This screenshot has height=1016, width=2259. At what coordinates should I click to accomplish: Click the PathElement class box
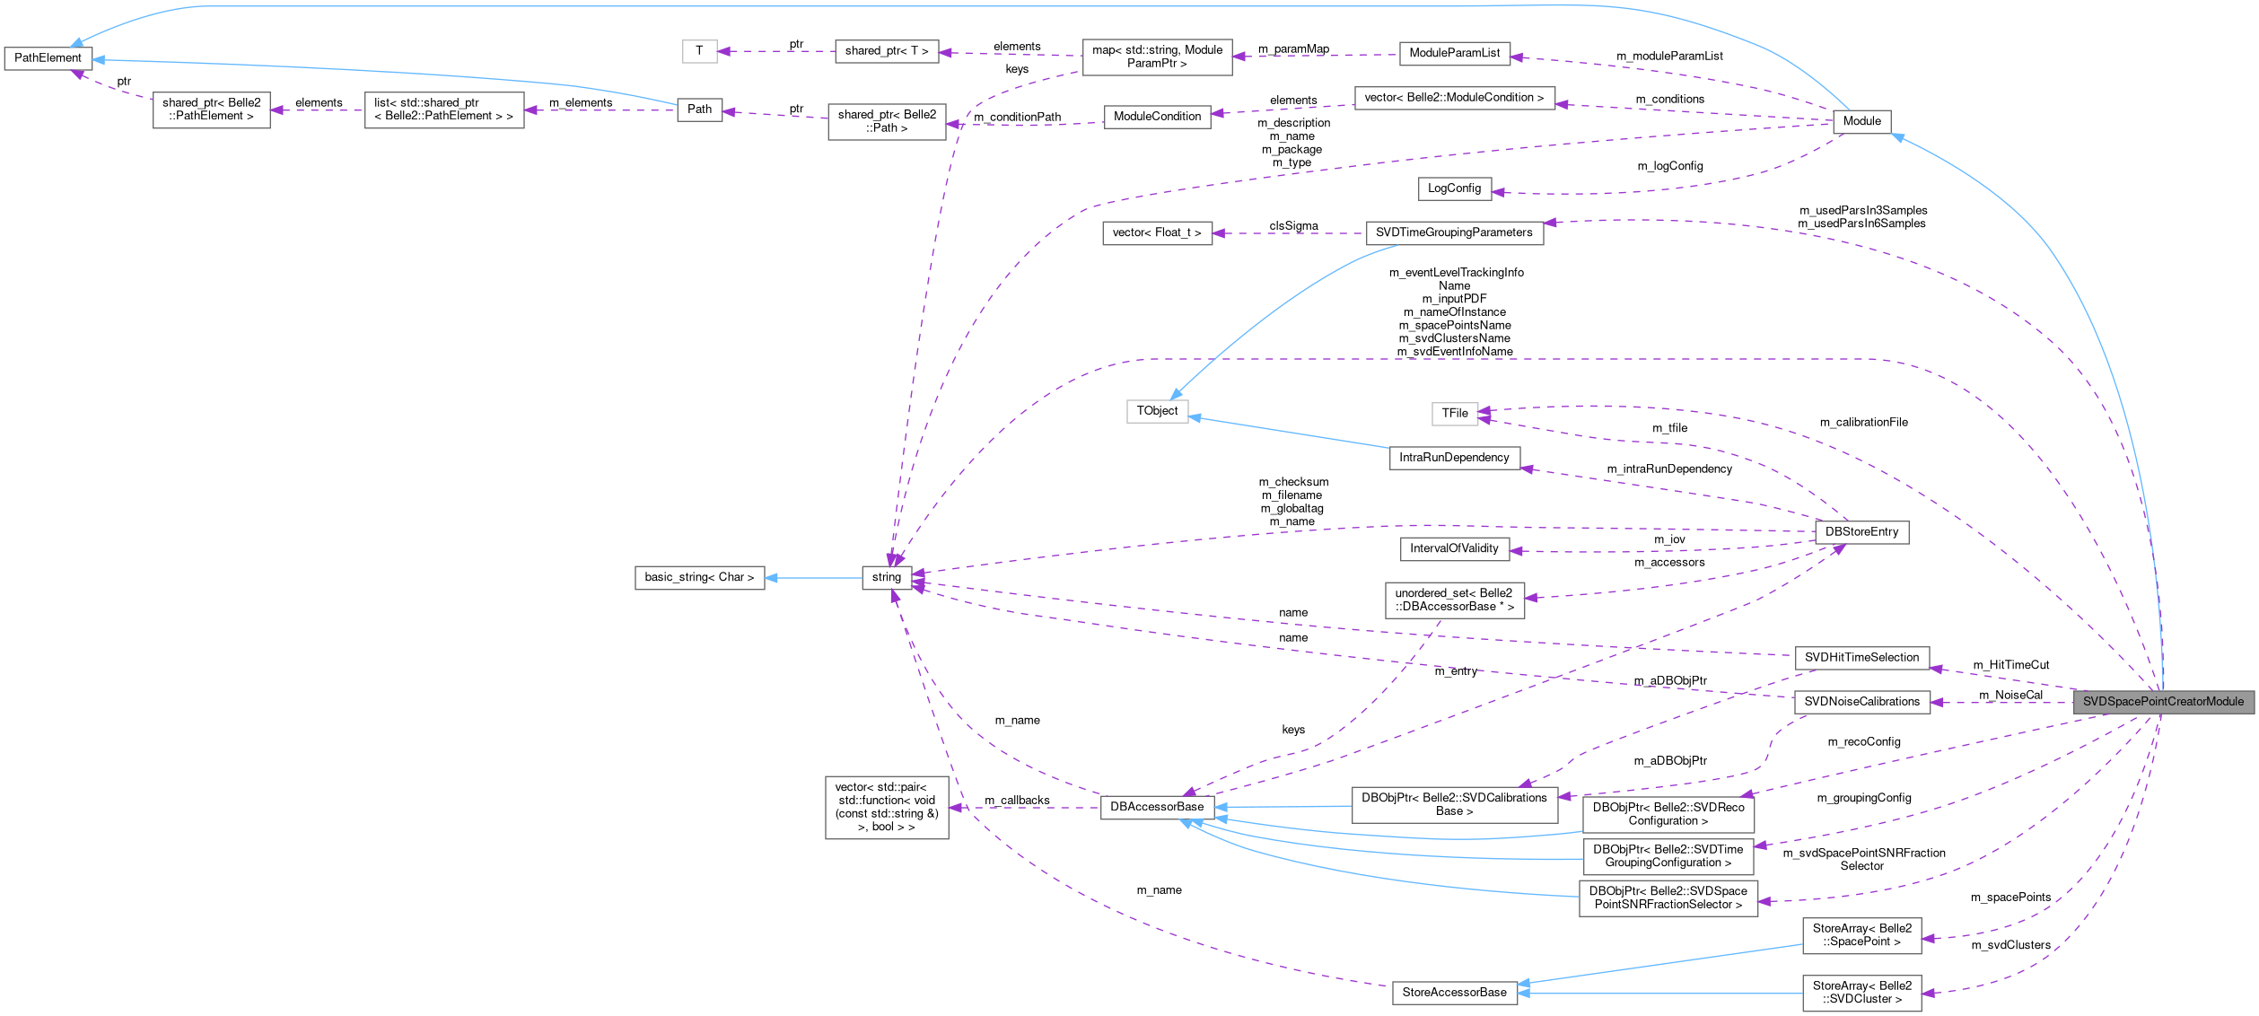coord(48,58)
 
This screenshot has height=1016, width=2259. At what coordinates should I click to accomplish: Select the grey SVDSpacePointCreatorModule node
coord(2163,702)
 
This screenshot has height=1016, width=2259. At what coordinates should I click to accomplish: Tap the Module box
coord(1861,121)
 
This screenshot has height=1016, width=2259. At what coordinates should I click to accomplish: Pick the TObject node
coord(1157,411)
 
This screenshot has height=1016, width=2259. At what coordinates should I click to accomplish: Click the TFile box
coord(1454,413)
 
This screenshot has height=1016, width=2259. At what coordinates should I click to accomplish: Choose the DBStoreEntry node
coord(1861,532)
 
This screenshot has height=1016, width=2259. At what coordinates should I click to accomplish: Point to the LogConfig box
coord(1454,188)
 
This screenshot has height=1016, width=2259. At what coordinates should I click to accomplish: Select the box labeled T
coord(699,51)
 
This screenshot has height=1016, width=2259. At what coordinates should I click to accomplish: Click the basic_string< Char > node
coord(699,577)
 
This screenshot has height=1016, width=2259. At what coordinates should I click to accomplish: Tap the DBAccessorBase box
coord(1157,807)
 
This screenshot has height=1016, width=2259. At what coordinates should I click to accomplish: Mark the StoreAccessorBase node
coord(1454,993)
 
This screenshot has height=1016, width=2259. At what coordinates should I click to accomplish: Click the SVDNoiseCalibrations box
coord(1861,702)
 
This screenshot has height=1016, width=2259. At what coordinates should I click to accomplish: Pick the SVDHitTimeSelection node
coord(1861,658)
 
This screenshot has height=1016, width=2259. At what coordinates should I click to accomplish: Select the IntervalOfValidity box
coord(1454,548)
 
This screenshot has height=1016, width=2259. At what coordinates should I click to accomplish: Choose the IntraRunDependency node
coord(1454,458)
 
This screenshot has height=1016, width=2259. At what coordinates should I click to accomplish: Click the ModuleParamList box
coord(1454,53)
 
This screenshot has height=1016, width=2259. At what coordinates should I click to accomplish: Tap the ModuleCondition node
coord(1157,117)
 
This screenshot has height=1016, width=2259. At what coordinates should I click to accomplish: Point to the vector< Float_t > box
coord(1157,233)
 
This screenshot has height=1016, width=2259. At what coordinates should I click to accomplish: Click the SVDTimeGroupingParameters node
coord(1454,233)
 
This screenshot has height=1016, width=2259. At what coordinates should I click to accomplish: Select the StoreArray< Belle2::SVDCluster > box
coord(1861,993)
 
